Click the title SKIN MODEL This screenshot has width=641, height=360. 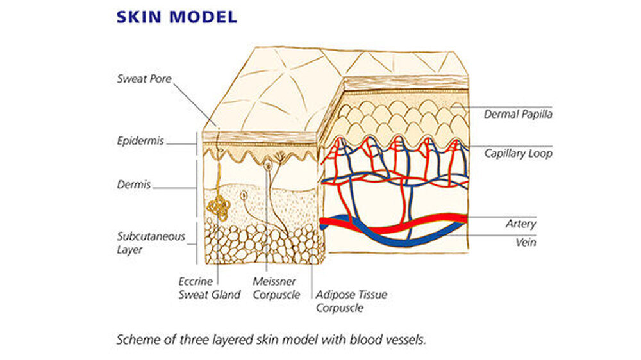click(x=176, y=17)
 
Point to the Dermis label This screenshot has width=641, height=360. click(x=133, y=184)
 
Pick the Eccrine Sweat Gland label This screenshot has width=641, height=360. click(x=209, y=288)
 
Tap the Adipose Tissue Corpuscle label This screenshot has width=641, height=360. click(x=351, y=301)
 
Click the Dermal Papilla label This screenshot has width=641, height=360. click(x=518, y=115)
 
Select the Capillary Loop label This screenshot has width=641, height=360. click(x=518, y=154)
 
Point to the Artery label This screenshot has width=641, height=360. click(x=520, y=224)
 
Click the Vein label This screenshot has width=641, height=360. click(x=526, y=243)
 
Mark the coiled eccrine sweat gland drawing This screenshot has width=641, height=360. click(x=219, y=207)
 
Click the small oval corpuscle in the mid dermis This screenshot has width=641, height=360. click(x=244, y=195)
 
